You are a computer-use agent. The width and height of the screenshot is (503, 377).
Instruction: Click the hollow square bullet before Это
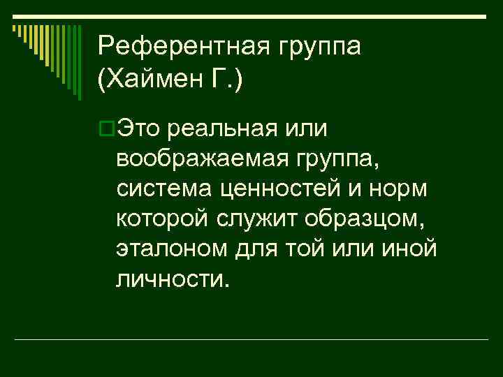(106, 128)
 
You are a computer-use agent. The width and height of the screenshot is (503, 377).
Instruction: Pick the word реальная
(224, 128)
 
